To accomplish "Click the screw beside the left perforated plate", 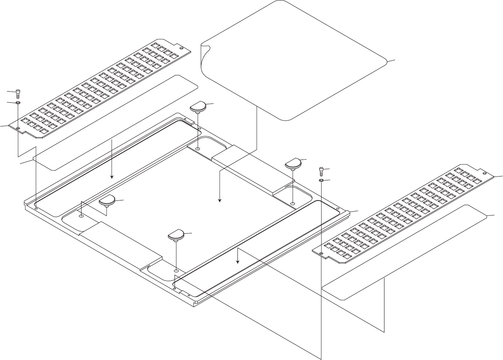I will pyautogui.click(x=18, y=93).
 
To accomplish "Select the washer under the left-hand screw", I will pyautogui.click(x=18, y=104).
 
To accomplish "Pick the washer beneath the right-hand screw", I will pyautogui.click(x=321, y=180).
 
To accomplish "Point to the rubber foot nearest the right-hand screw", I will pyautogui.click(x=293, y=163).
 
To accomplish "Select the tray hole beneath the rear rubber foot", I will pyautogui.click(x=198, y=149).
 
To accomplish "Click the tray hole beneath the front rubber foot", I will pyautogui.click(x=176, y=271).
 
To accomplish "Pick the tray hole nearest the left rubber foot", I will pyautogui.click(x=81, y=216).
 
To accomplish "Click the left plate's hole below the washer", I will pyautogui.click(x=18, y=128).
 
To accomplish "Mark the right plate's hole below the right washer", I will pyautogui.click(x=321, y=253).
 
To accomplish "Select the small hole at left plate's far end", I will pyautogui.click(x=181, y=48).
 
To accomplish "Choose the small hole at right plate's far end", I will pyautogui.click(x=485, y=174).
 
